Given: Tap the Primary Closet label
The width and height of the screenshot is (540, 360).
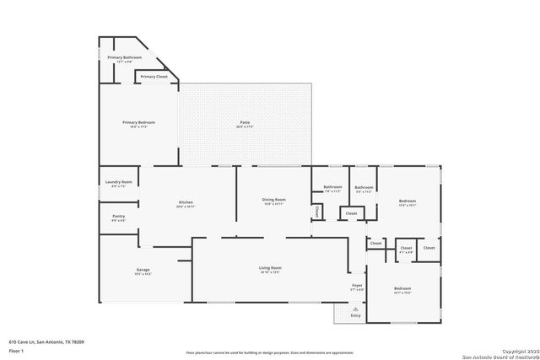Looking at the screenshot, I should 154,77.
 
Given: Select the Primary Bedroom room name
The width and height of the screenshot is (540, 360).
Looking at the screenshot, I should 138,122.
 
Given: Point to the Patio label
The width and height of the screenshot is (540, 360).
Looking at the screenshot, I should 245,122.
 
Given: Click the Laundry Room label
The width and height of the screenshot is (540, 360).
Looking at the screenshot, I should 118,182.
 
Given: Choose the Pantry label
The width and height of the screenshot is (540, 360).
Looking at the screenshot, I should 118,216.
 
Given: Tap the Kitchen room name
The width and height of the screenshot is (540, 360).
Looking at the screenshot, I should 186,201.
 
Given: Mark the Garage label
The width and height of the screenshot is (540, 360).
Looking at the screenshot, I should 143,270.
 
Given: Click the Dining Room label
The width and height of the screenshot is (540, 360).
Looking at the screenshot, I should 273,200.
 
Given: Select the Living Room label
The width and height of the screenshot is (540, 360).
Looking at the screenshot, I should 270,268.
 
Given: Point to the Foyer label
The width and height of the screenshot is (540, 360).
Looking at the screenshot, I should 357,286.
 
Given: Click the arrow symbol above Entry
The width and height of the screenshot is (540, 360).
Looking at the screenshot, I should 356,309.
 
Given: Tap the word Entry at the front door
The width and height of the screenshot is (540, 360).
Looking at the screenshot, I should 356,315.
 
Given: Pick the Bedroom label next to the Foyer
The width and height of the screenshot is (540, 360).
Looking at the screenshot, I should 402,288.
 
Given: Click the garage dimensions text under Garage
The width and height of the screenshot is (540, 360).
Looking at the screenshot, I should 143,274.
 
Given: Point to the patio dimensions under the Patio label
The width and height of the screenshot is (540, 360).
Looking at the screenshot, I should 245,126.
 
